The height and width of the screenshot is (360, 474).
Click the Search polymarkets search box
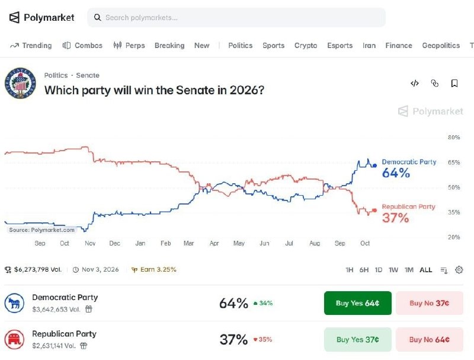pyautogui.click(x=236, y=18)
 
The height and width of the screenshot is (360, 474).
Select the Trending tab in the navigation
pyautogui.click(x=31, y=46)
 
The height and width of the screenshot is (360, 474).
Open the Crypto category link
pyautogui.click(x=306, y=46)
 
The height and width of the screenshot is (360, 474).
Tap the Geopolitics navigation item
pyautogui.click(x=441, y=46)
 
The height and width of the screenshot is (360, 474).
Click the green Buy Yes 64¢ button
pyautogui.click(x=358, y=303)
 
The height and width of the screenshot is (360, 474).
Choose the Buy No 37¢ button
pyautogui.click(x=429, y=303)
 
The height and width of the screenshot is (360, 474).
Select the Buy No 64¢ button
pyautogui.click(x=429, y=339)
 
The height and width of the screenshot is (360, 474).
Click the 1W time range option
pyautogui.click(x=393, y=270)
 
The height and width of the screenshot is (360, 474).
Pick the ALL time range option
pyautogui.click(x=425, y=270)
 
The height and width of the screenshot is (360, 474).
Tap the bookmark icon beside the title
pyautogui.click(x=454, y=83)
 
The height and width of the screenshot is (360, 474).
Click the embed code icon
pyautogui.click(x=414, y=83)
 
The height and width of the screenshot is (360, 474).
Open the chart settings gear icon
pyautogui.click(x=459, y=270)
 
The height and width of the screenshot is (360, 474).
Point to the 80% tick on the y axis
pyautogui.click(x=454, y=138)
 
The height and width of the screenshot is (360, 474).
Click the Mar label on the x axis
pyautogui.click(x=188, y=243)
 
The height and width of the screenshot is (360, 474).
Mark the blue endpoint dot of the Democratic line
pyautogui.click(x=375, y=165)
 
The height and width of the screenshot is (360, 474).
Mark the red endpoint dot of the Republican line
pyautogui.click(x=374, y=211)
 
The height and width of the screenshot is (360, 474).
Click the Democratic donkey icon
pyautogui.click(x=14, y=303)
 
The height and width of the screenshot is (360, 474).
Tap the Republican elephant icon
pyautogui.click(x=14, y=339)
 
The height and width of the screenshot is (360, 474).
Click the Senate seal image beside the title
pyautogui.click(x=20, y=83)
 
